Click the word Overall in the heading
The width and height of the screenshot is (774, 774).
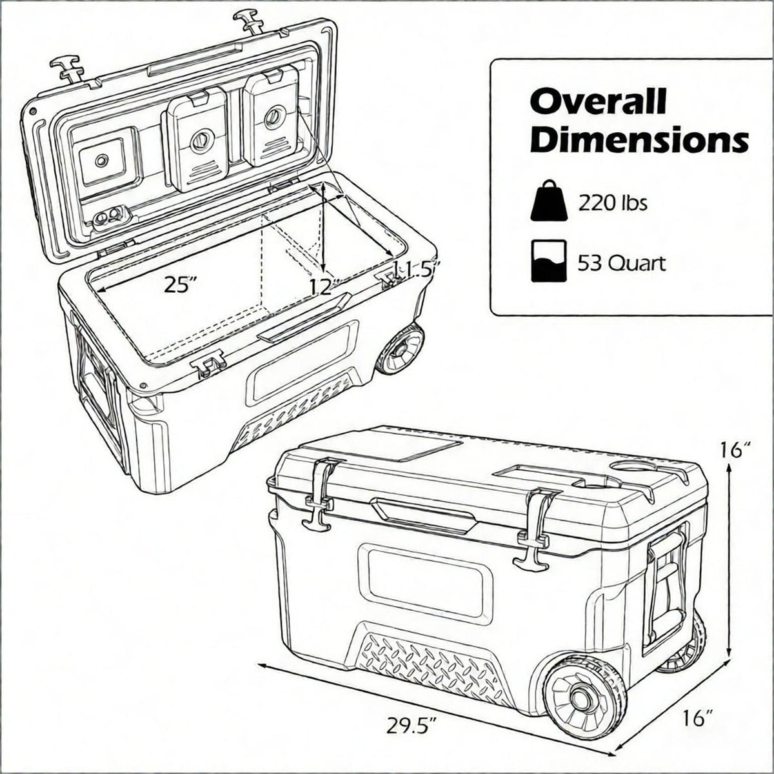(x=598, y=103)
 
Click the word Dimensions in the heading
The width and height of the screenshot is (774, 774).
(x=639, y=139)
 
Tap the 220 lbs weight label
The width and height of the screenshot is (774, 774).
(x=613, y=203)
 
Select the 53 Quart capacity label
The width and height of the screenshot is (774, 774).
(x=622, y=264)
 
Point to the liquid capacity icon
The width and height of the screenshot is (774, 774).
(x=549, y=261)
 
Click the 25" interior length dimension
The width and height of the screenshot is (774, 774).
(x=181, y=285)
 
